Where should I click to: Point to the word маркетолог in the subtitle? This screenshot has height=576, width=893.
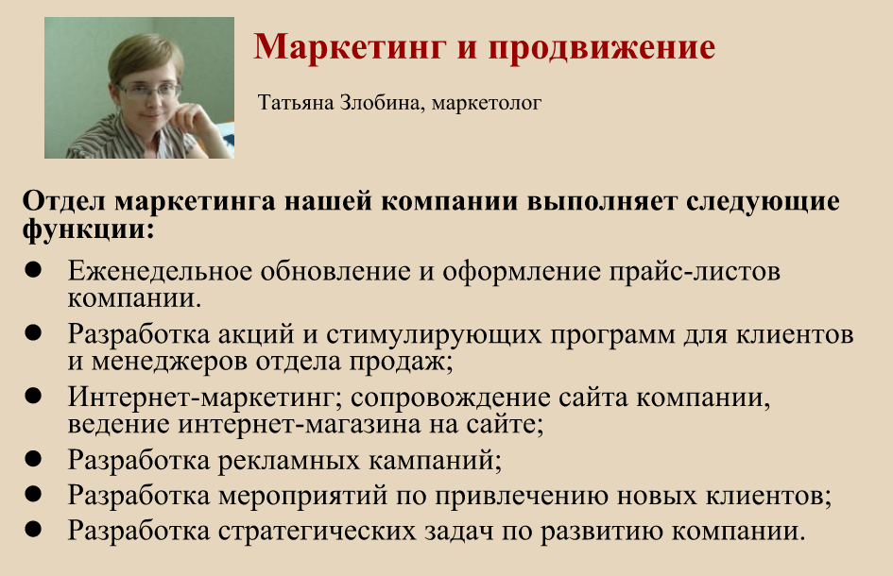click(x=487, y=103)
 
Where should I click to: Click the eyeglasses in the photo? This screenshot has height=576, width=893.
click(x=149, y=91)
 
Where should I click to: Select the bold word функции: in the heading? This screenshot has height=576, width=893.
click(x=89, y=229)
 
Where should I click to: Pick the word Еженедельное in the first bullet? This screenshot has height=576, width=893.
click(x=160, y=271)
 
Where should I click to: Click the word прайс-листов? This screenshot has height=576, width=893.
click(x=695, y=272)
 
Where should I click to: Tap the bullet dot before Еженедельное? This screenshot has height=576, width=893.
click(x=34, y=270)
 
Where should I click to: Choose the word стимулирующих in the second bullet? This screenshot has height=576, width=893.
click(x=434, y=334)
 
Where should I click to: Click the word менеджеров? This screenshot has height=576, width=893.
click(x=169, y=362)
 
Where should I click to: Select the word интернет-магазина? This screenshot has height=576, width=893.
click(x=299, y=424)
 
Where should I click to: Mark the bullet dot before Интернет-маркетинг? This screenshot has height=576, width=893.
click(x=34, y=396)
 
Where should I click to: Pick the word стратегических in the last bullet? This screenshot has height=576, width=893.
click(x=318, y=531)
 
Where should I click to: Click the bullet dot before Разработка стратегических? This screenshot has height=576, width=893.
click(x=34, y=529)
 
